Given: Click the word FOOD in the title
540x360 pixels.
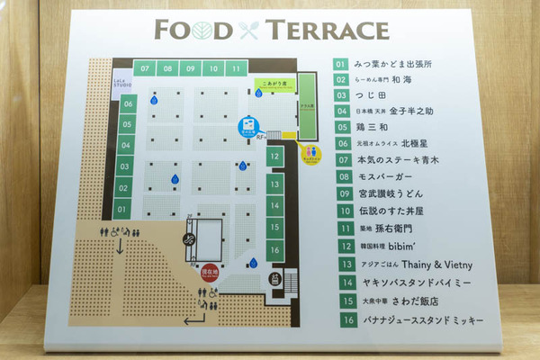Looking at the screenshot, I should (194, 29).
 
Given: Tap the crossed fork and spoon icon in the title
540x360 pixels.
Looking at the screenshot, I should (248, 30).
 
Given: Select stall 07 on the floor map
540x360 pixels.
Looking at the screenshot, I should (144, 68).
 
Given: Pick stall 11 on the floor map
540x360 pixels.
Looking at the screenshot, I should (235, 68).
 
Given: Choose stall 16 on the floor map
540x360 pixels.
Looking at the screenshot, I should (274, 248).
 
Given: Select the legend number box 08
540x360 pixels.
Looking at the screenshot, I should (341, 176).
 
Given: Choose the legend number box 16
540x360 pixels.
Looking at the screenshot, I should (341, 319).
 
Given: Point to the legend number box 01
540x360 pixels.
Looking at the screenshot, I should (340, 65).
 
